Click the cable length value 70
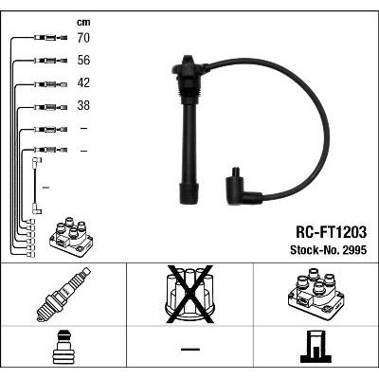[x=83, y=38]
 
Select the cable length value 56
[x=83, y=60]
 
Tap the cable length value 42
[x=83, y=82]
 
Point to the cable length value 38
[x=83, y=105]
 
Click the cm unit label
[x=83, y=23]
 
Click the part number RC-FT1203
[x=331, y=232]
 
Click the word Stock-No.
[x=315, y=250]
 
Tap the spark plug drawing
[x=63, y=295]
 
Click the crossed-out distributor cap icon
[x=190, y=295]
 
